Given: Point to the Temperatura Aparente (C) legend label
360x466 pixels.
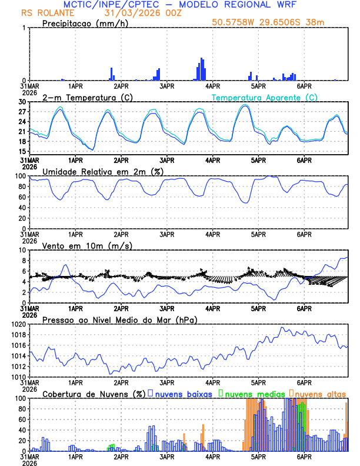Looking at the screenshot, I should [x=265, y=97].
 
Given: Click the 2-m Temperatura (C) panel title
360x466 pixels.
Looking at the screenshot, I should [x=87, y=97].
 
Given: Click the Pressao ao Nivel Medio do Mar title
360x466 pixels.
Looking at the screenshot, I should [x=119, y=319].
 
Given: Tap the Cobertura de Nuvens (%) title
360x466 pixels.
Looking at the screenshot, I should [x=93, y=394].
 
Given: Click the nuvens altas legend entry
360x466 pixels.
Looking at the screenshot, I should [x=319, y=394].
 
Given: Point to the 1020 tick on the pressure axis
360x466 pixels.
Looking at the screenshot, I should [x=21, y=324].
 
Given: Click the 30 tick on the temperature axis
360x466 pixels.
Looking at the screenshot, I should [x=24, y=102].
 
